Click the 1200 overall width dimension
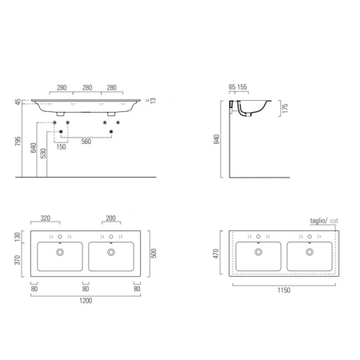(86, 301)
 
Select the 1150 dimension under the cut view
(284, 290)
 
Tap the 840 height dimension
(217, 139)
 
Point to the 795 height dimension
(18, 142)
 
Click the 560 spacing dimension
(86, 142)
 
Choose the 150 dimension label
(61, 146)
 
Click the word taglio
(318, 221)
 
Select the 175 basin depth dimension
(285, 108)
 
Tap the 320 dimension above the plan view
(46, 218)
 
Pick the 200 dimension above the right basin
(110, 218)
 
